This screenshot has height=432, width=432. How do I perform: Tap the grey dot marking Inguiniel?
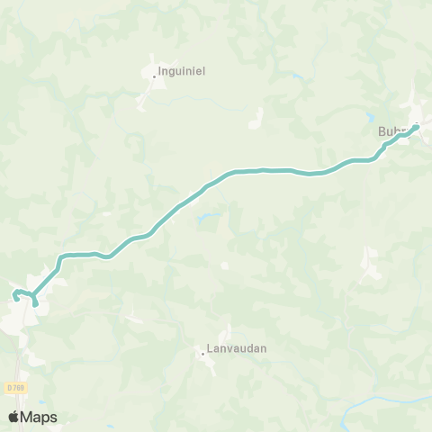pyautogui.click(x=154, y=77)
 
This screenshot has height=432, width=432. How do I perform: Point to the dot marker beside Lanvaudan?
pyautogui.click(x=203, y=354)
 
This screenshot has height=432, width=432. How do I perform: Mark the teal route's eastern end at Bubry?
pyautogui.click(x=417, y=127)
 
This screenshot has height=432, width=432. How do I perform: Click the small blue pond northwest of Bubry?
pyautogui.click(x=369, y=116)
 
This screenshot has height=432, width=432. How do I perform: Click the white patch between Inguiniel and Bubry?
pyautogui.click(x=256, y=116)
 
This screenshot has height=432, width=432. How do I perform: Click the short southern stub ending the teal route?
pyautogui.click(x=35, y=302)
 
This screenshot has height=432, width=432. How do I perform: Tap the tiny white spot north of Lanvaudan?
pyautogui.click(x=224, y=265)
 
